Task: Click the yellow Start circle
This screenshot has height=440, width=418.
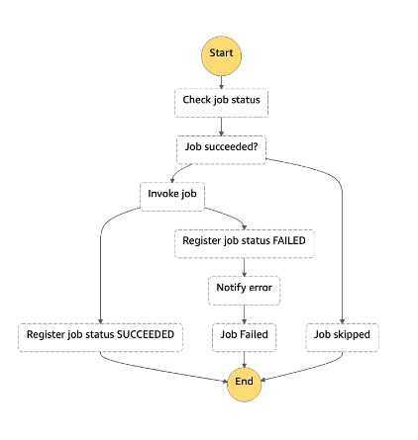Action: (221, 55)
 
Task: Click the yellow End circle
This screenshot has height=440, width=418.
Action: (244, 385)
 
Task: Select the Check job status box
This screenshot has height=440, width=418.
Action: (221, 103)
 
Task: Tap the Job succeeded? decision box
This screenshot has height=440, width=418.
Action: (221, 149)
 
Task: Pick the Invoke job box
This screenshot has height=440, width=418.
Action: (172, 197)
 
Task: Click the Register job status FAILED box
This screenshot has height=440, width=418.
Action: (245, 243)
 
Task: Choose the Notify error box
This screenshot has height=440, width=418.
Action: (244, 291)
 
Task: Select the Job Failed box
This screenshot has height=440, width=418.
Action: (244, 337)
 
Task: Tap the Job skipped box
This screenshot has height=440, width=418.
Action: (342, 337)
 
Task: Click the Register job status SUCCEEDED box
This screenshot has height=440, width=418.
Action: (100, 337)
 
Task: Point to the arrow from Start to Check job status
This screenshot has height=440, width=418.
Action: (221, 82)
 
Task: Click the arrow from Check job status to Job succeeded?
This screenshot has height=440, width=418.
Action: (221, 127)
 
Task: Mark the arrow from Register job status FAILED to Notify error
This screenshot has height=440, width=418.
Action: (245, 267)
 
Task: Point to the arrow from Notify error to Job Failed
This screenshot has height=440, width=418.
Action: (245, 314)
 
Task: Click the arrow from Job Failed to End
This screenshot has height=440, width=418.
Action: (244, 360)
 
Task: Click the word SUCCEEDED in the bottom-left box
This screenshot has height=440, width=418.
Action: (146, 334)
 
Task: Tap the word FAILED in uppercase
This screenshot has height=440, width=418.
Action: (289, 240)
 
